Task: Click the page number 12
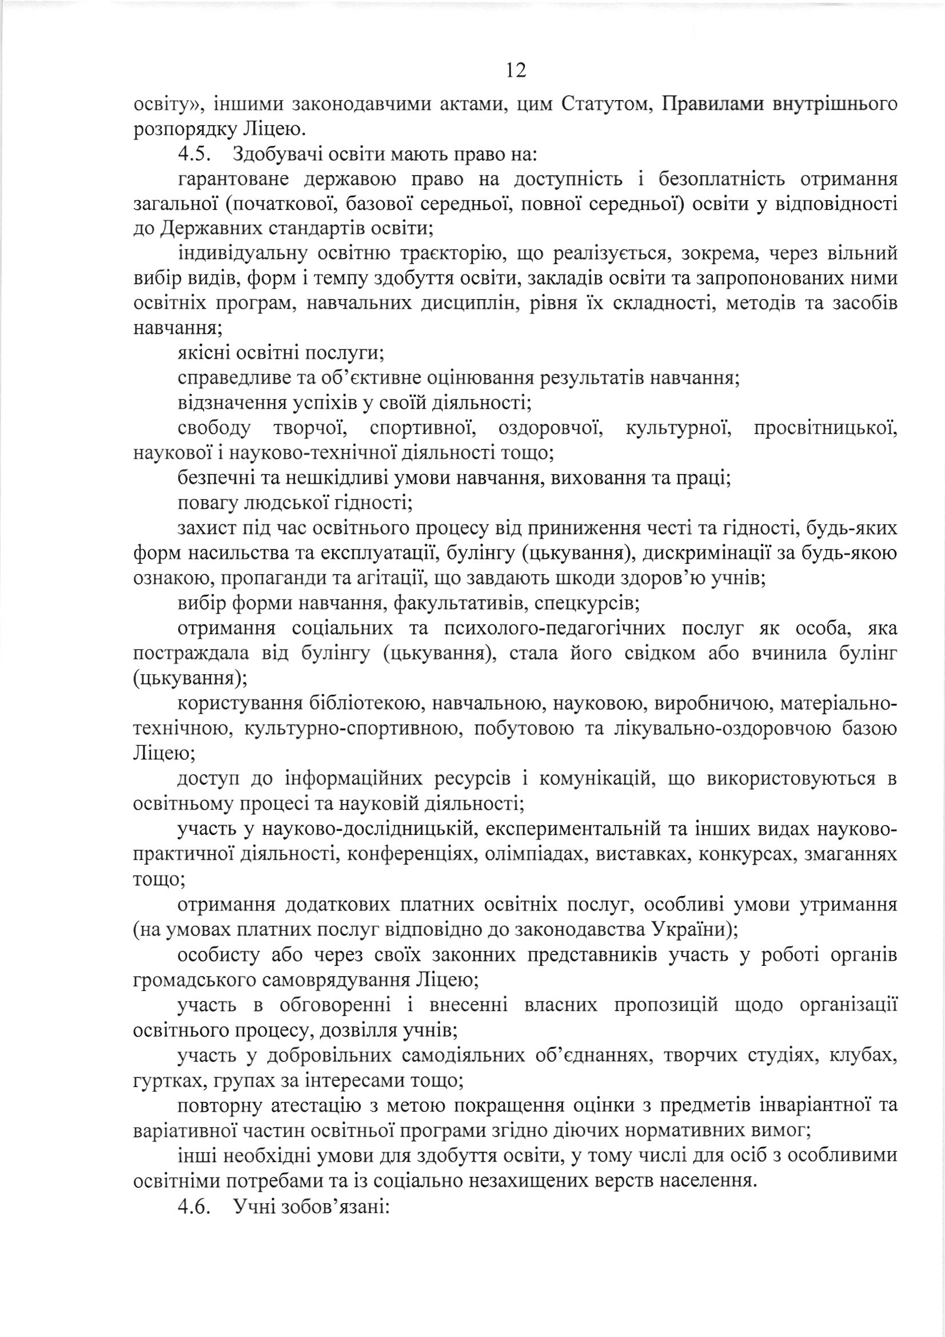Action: [x=516, y=70]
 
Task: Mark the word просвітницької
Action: [x=825, y=429]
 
